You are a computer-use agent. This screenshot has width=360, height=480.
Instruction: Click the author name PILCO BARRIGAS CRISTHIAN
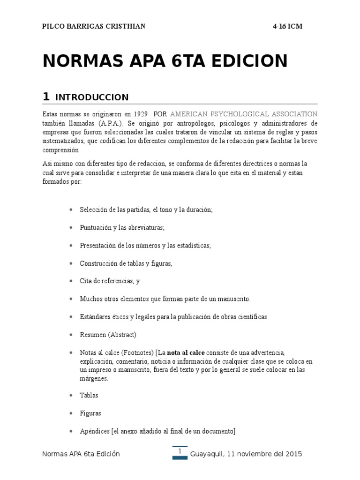pos(94,27)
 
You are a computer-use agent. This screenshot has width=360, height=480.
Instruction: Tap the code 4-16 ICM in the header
pos(287,27)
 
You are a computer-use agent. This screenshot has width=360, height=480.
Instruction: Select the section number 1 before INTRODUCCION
pos(46,97)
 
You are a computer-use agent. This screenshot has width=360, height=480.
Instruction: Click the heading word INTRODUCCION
pos(92,97)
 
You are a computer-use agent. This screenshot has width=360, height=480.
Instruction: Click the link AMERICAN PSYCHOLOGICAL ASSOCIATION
pos(243,114)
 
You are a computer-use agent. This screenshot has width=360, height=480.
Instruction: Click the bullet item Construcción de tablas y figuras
pos(126,263)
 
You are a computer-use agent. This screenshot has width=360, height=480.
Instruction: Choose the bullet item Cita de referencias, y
pos(110,281)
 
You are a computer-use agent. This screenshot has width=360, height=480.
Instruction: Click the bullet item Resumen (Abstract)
pos(108,335)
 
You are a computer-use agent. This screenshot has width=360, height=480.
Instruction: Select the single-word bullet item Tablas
pos(89,395)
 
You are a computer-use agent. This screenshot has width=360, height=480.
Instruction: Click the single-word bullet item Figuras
pos(90,413)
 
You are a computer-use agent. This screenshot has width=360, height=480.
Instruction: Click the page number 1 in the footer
pos(180,451)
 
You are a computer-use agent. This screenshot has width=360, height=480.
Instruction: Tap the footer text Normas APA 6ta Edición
pos(81,454)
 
